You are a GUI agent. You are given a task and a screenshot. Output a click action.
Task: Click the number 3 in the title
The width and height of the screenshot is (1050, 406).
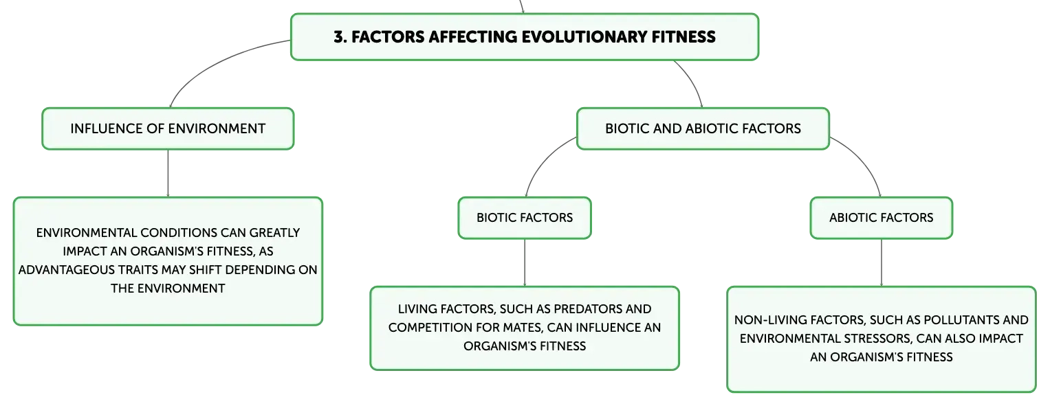coord(339,37)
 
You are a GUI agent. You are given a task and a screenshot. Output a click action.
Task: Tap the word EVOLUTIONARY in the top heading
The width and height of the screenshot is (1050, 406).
coord(584,37)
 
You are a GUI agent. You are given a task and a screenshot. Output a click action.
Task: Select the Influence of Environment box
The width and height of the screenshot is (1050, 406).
coord(168,128)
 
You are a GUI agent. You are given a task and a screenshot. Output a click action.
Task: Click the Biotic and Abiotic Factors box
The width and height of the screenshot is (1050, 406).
coord(703,128)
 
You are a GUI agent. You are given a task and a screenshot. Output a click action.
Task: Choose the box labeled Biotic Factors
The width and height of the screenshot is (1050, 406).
coord(525,218)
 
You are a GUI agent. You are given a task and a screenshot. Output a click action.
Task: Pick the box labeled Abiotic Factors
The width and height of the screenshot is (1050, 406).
coord(882,218)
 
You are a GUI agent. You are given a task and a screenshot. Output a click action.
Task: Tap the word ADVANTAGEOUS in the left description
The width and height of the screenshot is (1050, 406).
coord(64,270)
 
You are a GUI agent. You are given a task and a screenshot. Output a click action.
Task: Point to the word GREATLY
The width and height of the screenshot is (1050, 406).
coord(274,233)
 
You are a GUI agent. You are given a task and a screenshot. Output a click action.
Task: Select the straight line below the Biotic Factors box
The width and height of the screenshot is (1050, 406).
coord(525,262)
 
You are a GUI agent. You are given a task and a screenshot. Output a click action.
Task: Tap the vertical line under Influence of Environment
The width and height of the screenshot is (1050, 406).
coord(168,173)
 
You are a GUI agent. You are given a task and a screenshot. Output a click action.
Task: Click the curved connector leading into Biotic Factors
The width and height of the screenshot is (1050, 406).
coord(544,161)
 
